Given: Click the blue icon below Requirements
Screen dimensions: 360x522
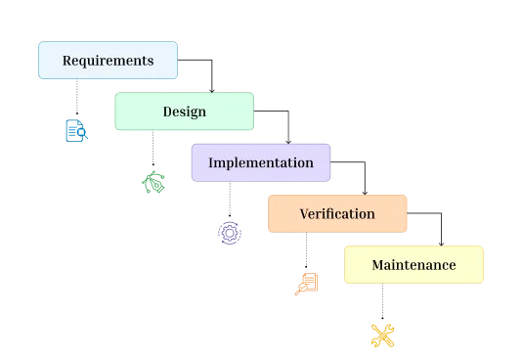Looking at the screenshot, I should pos(74,132).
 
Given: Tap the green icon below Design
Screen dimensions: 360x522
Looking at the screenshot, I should pos(152,182).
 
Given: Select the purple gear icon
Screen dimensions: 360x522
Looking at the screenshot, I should pos(229,233).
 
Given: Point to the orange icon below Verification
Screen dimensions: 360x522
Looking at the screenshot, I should pos(307,283).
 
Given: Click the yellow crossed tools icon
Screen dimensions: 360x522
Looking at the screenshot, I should pos(382,336).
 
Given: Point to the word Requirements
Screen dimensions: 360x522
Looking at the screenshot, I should pos(108,61).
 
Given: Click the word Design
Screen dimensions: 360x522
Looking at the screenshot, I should pos(184,112).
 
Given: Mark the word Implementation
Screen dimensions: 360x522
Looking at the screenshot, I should pos(261,162).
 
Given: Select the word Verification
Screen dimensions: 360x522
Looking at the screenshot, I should pos(336,213).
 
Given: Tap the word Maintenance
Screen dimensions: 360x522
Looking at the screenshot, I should pos(413,265).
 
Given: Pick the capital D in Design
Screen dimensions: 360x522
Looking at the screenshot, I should pos(167,112).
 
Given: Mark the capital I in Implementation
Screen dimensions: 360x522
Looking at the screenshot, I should pos(211,162).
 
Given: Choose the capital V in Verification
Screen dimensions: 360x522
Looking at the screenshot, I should pos(304,213).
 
